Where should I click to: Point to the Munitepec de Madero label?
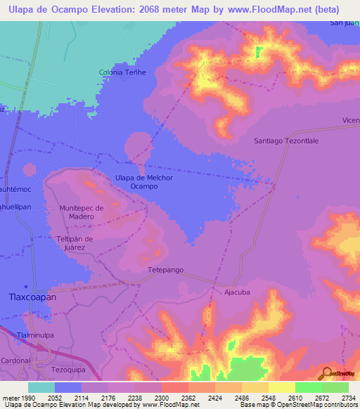click(x=82, y=212)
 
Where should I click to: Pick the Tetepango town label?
click(x=165, y=270)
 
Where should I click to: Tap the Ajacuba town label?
click(x=237, y=292)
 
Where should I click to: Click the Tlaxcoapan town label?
click(x=31, y=297)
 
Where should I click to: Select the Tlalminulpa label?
click(x=35, y=335)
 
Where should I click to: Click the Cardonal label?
click(x=15, y=360)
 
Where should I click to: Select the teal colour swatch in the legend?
click(x=41, y=387)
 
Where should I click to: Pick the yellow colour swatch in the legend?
click(x=282, y=387)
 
